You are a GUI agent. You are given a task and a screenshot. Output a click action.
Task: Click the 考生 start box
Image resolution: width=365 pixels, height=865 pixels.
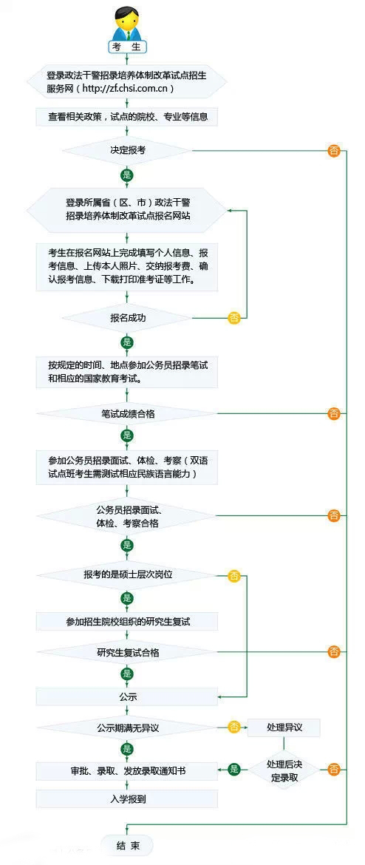coord(127,47)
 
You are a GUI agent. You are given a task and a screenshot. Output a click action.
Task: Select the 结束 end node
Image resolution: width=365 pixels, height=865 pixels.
coord(127,844)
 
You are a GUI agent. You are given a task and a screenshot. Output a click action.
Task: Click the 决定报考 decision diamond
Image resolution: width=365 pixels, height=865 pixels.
coord(127,150)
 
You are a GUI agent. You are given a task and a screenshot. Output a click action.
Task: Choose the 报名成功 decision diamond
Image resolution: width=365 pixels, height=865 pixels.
coord(127,319)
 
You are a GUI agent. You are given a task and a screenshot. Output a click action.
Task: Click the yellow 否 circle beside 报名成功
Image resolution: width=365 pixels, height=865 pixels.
coord(234,319)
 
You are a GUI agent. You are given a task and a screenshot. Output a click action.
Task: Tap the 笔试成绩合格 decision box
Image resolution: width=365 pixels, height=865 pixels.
coord(127,413)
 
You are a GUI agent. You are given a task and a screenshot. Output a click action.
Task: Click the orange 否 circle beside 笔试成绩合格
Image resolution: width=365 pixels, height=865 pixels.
coord(333,413)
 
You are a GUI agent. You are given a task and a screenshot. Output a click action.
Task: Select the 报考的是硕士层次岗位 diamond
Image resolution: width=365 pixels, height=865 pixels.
coord(127,575)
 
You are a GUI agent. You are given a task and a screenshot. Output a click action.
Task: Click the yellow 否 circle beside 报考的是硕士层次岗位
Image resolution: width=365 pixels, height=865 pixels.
coord(234,576)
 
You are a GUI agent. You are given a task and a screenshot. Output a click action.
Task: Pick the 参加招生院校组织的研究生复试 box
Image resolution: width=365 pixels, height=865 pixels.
coord(127,621)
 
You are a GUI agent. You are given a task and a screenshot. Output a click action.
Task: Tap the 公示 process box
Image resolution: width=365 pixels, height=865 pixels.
coord(127,696)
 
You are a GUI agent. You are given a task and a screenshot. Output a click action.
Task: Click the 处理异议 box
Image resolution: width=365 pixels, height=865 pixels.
coord(284,727)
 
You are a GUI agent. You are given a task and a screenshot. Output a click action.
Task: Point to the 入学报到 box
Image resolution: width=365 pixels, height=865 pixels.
coord(127,798)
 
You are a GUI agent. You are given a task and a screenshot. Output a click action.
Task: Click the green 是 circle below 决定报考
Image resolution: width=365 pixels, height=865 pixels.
coord(127,175)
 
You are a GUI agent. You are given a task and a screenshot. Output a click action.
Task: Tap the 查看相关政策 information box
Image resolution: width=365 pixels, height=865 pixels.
coord(127,117)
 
